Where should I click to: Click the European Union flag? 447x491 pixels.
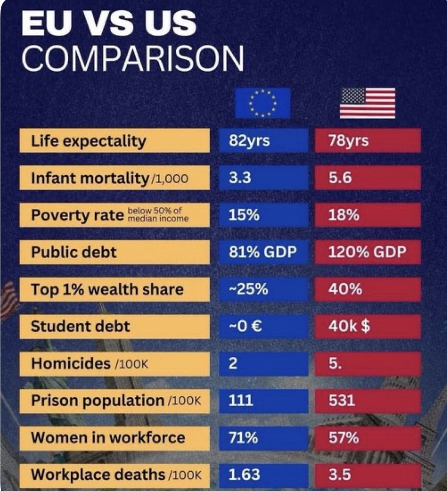[263, 103]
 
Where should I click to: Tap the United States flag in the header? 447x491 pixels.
[367, 103]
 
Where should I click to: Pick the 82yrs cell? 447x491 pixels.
[263, 141]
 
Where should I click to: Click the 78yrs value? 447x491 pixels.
[367, 141]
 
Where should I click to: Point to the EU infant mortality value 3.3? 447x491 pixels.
[263, 178]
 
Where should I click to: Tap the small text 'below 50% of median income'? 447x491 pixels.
[158, 215]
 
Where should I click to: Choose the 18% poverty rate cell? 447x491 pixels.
[367, 215]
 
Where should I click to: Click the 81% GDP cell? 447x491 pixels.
[263, 252]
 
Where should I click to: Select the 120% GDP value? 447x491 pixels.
[367, 252]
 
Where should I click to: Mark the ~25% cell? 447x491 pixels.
[263, 289]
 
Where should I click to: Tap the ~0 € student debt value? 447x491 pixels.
[263, 327]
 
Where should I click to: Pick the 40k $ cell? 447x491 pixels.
[367, 327]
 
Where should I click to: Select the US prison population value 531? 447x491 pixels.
[367, 400]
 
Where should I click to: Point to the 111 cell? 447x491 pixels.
[263, 400]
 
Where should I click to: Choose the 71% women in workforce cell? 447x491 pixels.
[263, 438]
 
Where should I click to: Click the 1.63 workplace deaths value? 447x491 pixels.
[263, 475]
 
